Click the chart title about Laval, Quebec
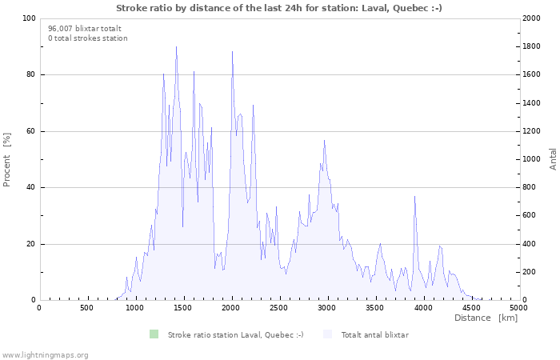[x=279, y=8]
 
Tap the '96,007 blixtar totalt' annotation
[x=85, y=29]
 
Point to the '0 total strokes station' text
[x=88, y=38]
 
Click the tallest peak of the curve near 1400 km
[x=176, y=46]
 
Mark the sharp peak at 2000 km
[x=232, y=52]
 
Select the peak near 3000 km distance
[x=324, y=140]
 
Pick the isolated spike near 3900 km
[x=414, y=196]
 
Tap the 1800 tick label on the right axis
[x=531, y=46]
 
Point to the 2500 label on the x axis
[x=278, y=308]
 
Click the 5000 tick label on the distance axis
[x=518, y=308]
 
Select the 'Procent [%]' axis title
[x=6, y=160]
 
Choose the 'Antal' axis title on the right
[x=553, y=159]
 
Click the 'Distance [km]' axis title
[x=486, y=318]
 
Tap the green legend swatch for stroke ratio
[x=154, y=334]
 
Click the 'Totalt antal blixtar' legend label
[x=375, y=335]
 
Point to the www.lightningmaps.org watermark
[x=45, y=355]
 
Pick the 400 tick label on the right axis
[x=530, y=244]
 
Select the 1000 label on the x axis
[x=134, y=308]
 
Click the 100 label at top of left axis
[x=29, y=18]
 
